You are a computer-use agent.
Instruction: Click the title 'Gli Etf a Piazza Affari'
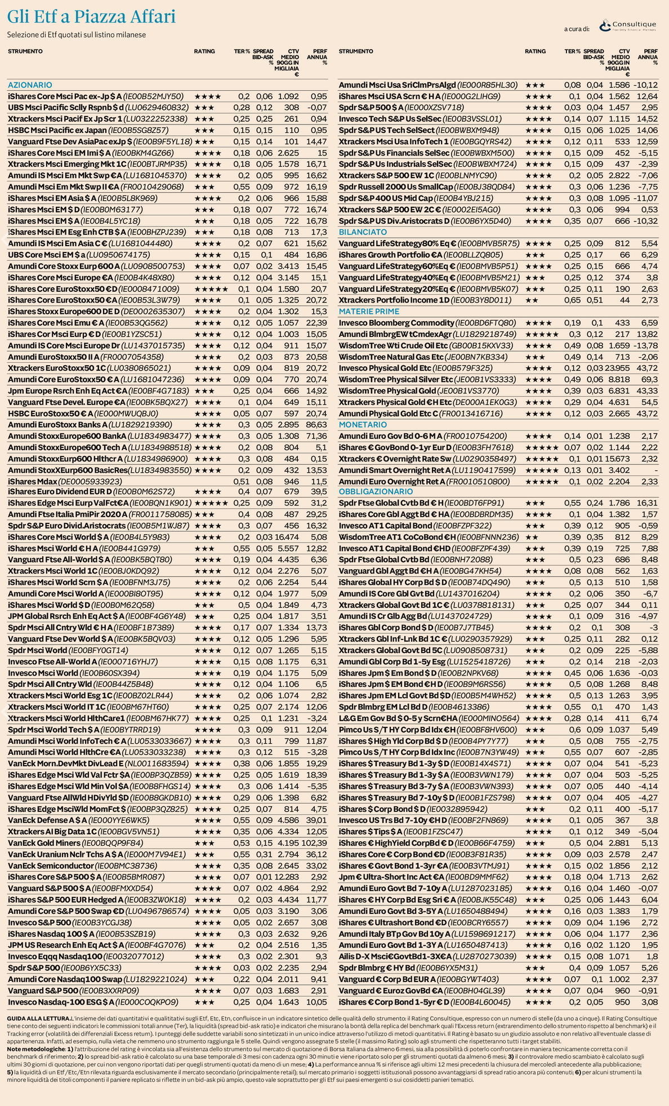(x=91, y=17)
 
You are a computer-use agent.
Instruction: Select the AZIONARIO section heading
(x=30, y=85)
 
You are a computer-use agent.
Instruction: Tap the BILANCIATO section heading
(x=363, y=232)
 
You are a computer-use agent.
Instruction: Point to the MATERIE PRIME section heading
(x=369, y=312)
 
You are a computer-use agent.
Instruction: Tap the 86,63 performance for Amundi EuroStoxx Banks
(x=317, y=424)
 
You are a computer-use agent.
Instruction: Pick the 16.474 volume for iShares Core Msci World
(x=287, y=537)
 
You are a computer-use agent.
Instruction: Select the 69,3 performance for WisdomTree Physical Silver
(x=649, y=379)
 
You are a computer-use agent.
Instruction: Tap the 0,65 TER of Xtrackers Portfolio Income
(x=572, y=300)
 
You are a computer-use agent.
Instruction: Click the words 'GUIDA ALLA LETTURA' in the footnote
(x=39, y=1018)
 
